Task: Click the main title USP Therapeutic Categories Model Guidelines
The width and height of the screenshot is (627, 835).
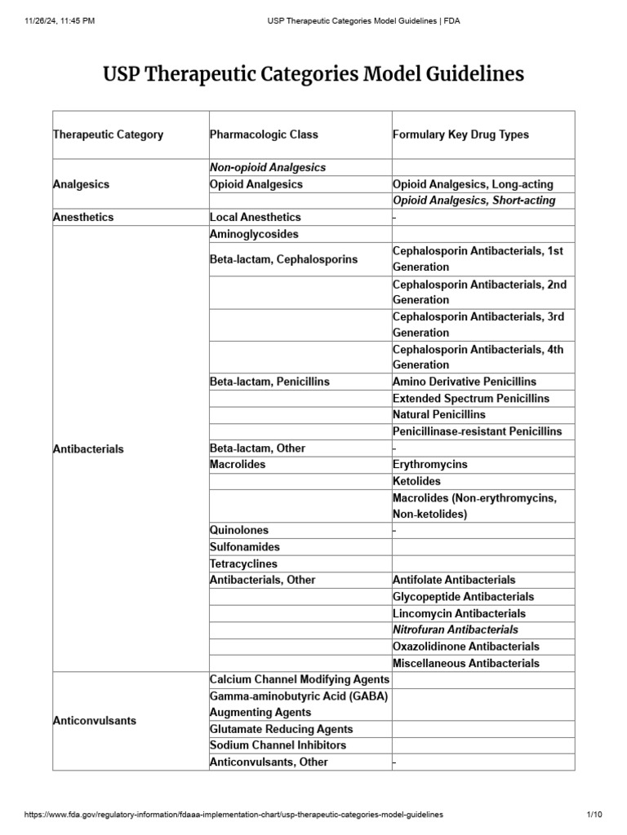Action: [x=313, y=75]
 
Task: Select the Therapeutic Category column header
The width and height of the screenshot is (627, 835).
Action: [x=108, y=135]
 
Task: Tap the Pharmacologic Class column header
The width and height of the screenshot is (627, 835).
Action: [x=264, y=135]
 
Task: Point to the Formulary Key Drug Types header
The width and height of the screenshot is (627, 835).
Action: [x=460, y=135]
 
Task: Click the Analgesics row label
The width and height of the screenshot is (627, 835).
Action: [x=81, y=184]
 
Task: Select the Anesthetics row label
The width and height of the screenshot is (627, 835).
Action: [x=83, y=217]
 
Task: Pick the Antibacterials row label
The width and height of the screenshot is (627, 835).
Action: [x=88, y=449]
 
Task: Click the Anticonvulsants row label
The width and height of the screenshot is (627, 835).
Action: [x=94, y=721]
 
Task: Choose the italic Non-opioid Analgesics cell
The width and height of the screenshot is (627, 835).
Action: [x=267, y=167]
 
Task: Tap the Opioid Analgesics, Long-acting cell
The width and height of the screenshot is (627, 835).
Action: [x=473, y=184]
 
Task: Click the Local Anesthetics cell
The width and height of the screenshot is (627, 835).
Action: [x=255, y=217]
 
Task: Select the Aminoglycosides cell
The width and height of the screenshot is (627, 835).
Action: [x=254, y=234]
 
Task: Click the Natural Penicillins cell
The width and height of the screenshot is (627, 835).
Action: [x=438, y=414]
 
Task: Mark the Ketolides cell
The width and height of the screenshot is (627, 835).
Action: [x=416, y=481]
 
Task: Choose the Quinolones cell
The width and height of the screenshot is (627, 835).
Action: [x=238, y=530]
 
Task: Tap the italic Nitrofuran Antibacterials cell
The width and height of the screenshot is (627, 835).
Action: [x=455, y=630]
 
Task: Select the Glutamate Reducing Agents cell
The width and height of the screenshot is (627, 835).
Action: [x=281, y=729]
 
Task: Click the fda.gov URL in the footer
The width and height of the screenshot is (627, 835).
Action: [x=233, y=815]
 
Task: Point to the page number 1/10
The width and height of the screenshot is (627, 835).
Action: [x=594, y=815]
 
